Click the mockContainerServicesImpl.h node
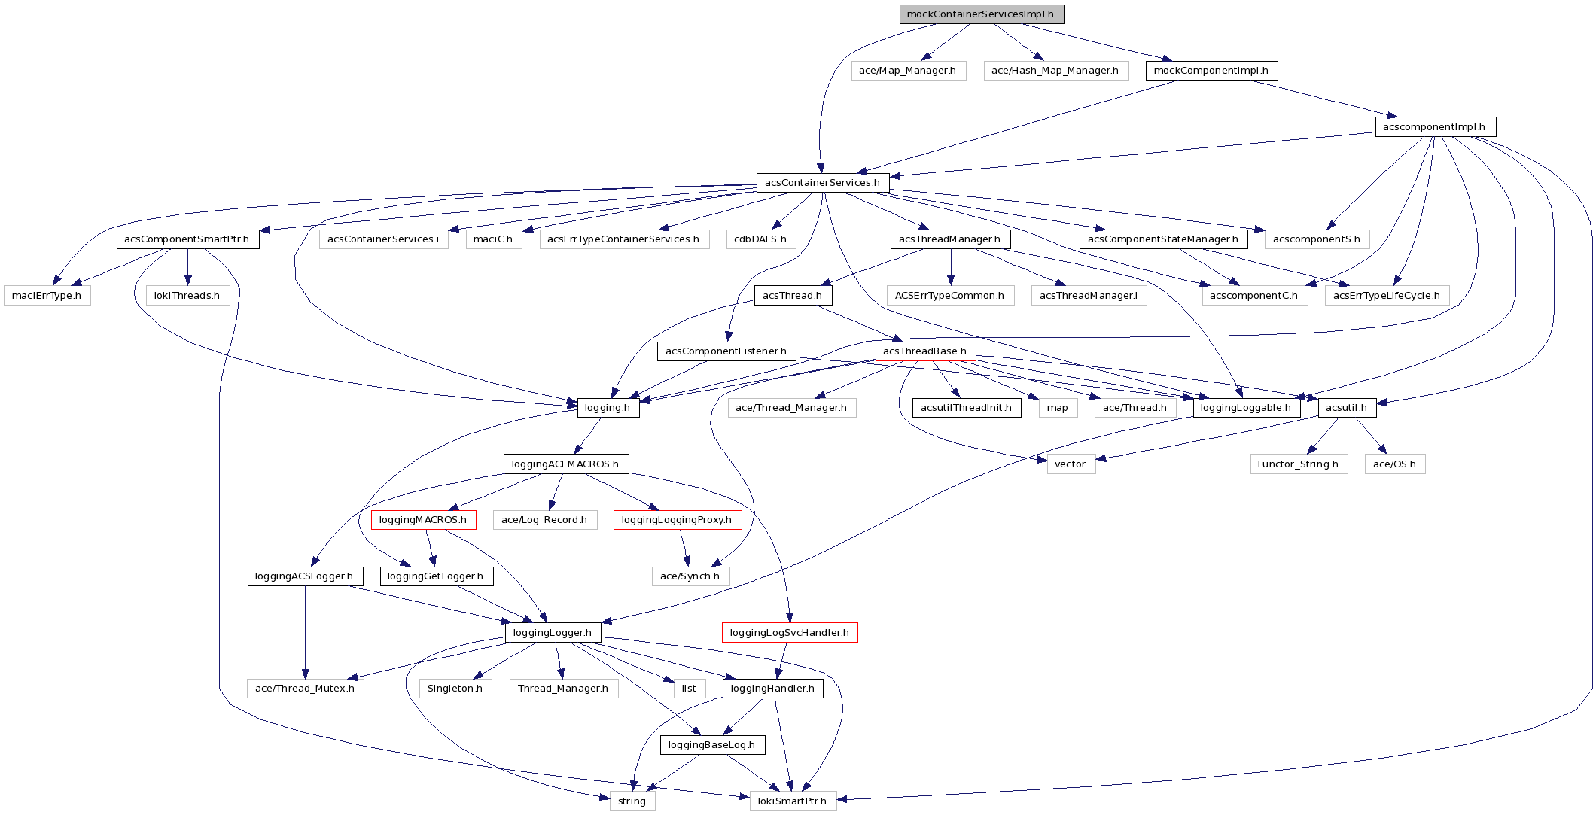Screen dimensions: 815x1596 981,14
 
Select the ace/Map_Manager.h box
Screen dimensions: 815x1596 908,71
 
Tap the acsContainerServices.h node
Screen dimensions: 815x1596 822,183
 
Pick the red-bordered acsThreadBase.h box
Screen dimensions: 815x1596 925,351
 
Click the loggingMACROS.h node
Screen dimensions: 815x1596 423,520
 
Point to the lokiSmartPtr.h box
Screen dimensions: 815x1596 792,801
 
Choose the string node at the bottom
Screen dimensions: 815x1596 632,801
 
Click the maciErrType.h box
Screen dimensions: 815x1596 47,296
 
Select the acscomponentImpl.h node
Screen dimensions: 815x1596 1434,127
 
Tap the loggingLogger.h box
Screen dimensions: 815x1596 553,633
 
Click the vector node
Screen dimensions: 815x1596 1070,464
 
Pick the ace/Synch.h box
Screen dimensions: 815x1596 690,576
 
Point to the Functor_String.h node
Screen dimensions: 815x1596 1298,464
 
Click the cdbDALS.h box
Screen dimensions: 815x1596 760,239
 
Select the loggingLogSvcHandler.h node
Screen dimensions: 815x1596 790,633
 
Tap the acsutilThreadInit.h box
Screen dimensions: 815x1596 967,408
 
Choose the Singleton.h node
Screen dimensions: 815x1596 455,689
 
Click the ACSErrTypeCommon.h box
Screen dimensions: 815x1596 949,296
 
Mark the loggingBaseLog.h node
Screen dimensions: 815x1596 711,745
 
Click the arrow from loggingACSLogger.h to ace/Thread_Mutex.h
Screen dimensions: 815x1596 305,632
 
